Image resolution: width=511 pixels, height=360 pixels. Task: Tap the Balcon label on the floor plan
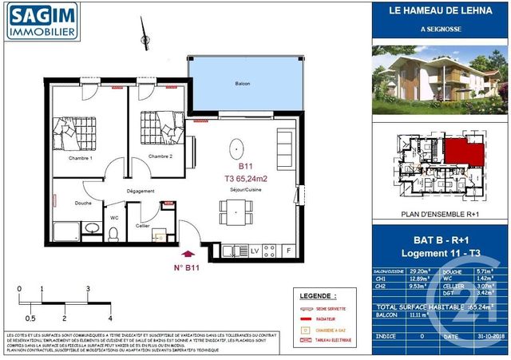(x=243, y=83)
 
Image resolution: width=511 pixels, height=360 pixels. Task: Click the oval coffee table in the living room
(x=237, y=149)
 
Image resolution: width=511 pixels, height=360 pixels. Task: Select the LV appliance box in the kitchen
(x=255, y=251)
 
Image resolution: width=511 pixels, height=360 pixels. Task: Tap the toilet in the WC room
(x=113, y=233)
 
